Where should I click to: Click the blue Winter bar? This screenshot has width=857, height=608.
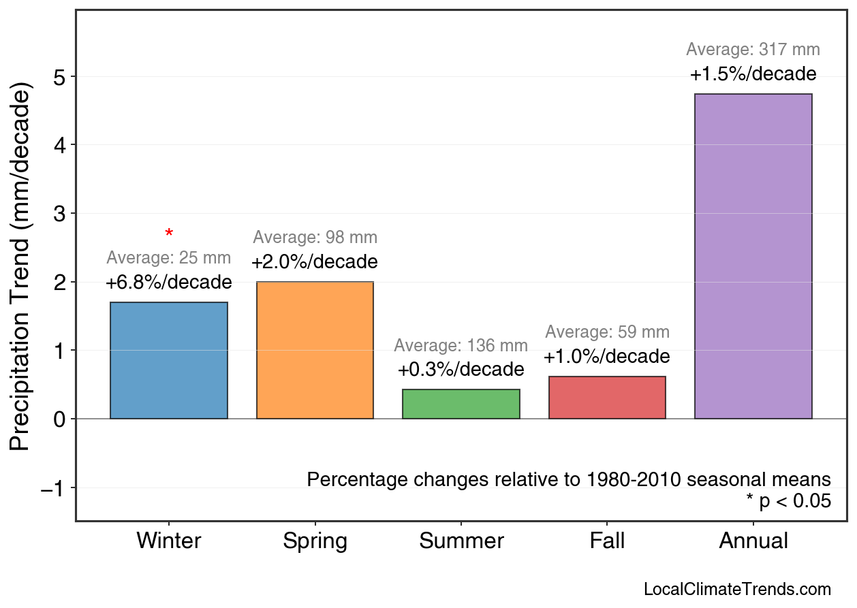coord(169,360)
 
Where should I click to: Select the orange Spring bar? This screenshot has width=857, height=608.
coord(315,350)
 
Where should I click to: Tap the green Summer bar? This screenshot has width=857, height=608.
coord(461,404)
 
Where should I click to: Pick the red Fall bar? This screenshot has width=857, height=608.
coord(607,398)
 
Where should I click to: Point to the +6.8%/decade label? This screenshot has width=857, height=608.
coord(169,282)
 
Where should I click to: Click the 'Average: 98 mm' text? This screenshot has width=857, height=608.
coord(315,238)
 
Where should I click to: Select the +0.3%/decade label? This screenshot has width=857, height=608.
coord(461,370)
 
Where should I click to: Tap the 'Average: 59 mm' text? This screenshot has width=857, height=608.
coord(607,332)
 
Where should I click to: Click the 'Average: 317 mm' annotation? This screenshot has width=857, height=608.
coord(753,50)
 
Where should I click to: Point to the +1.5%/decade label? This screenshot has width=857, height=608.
coord(753,74)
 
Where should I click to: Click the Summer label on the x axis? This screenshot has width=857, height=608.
coord(461,541)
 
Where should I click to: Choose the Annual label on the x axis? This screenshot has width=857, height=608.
coord(753,541)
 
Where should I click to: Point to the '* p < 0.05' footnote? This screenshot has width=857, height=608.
coord(788,501)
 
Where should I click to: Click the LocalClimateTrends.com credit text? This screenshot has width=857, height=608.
coord(736,589)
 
